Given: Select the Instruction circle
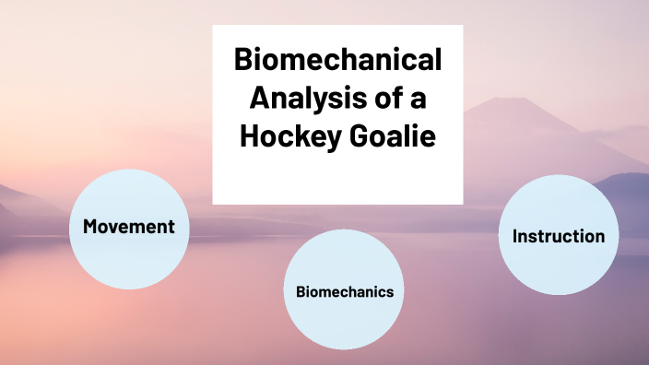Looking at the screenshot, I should [x=559, y=235].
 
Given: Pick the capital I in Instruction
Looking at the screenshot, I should [x=515, y=236].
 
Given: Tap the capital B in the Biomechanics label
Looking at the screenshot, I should [x=300, y=291].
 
